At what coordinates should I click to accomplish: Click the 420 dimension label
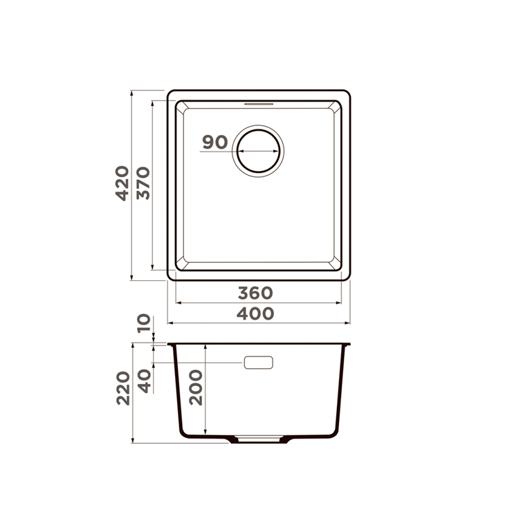pos(122,183)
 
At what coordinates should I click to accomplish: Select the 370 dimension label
pos(143,183)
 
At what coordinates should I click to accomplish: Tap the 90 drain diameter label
pos(215,142)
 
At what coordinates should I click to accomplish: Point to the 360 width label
pos(255,293)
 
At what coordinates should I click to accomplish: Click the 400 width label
pos(255,313)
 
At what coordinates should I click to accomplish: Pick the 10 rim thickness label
pos(144,323)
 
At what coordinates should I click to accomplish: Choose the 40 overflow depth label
pos(145,381)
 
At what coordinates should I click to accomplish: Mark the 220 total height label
pos(123,388)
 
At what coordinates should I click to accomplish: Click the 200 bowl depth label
pos(196,387)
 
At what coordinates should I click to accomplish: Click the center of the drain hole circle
pos(258,152)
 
